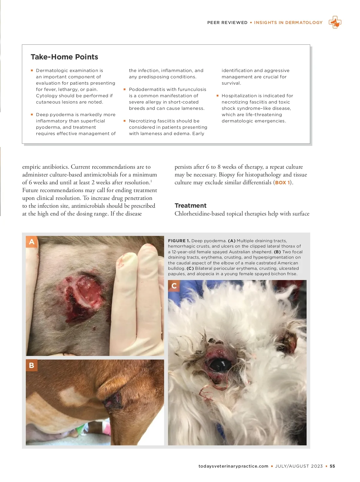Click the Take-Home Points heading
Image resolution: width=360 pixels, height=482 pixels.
pyautogui.click(x=64, y=57)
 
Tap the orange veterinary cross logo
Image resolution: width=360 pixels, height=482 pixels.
pyautogui.click(x=335, y=23)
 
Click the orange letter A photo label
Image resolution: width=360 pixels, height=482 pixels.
pyautogui.click(x=31, y=242)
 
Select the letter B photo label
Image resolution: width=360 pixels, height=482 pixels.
pyautogui.click(x=31, y=365)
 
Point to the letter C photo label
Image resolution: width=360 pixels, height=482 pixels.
pyautogui.click(x=174, y=286)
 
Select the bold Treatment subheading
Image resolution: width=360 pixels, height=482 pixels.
pyautogui.click(x=190, y=206)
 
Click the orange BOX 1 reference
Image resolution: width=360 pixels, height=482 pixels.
pyautogui.click(x=283, y=182)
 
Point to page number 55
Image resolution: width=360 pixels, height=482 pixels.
pyautogui.click(x=332, y=466)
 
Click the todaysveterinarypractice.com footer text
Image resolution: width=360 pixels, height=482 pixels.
pyautogui.click(x=233, y=466)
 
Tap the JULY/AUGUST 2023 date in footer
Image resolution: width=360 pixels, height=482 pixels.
pyautogui.click(x=299, y=466)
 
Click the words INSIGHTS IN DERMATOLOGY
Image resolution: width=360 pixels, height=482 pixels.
pyautogui.click(x=288, y=23)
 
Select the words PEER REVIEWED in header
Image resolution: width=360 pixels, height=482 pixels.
pyautogui.click(x=227, y=23)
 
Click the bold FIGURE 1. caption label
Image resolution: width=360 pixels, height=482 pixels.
pyautogui.click(x=179, y=241)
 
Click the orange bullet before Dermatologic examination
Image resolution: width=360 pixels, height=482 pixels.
pyautogui.click(x=32, y=71)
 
